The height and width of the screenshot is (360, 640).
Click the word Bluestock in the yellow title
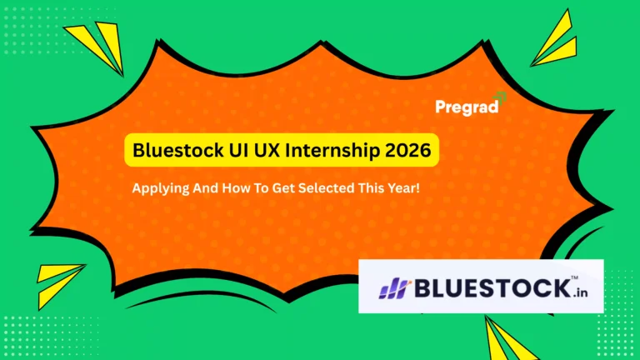point(177,152)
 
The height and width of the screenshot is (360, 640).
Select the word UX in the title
point(267,152)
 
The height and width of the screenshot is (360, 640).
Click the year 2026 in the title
point(407,152)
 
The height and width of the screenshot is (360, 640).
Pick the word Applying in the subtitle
point(159,189)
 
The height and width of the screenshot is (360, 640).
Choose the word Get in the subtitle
point(277,189)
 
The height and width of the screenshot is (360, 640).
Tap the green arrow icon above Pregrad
point(500,97)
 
